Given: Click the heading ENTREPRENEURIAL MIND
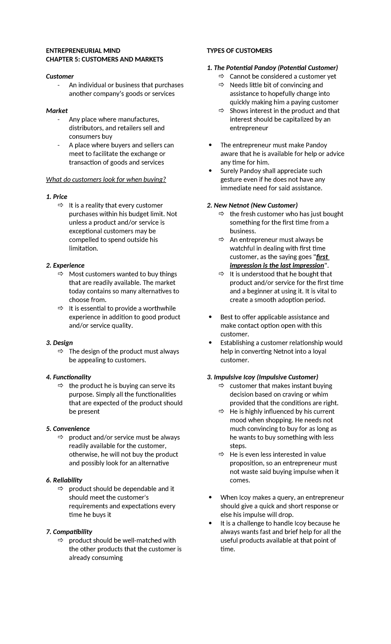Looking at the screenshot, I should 83,51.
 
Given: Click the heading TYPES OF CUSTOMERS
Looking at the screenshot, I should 239,51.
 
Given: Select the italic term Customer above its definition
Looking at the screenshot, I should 60,76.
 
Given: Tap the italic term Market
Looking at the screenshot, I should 57,111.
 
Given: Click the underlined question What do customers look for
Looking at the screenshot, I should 106,180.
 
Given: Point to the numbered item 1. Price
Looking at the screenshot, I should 57,197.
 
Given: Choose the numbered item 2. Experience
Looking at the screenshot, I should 65,265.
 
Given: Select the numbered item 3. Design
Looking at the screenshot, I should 59,343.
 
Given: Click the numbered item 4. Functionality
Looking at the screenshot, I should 68,377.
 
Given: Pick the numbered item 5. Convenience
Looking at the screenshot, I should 68,429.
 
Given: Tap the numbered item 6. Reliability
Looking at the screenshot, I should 64,480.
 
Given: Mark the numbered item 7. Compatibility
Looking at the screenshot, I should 69,532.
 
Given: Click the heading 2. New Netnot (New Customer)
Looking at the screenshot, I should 252,205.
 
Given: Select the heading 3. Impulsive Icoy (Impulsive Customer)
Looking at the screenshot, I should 262,377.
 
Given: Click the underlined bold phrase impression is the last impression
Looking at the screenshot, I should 277,265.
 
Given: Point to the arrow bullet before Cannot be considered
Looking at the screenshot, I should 221,76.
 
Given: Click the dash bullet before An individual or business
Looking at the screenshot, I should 58,85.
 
